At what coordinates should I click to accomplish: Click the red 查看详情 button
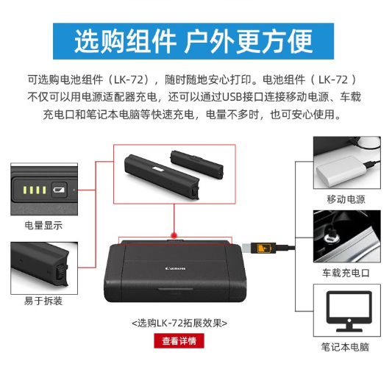click(179, 341)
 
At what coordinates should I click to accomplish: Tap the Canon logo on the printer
click(175, 268)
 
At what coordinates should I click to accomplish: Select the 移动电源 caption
click(346, 199)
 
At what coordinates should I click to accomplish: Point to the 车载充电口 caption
click(346, 273)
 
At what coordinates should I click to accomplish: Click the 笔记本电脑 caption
click(345, 347)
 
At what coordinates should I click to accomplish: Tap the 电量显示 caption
click(43, 226)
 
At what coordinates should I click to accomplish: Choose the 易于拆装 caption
click(43, 301)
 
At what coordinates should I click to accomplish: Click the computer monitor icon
click(349, 311)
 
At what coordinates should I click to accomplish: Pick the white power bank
click(341, 171)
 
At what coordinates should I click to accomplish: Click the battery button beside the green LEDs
click(59, 190)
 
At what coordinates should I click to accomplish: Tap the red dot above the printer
click(174, 235)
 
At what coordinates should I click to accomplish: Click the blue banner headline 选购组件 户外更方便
click(193, 41)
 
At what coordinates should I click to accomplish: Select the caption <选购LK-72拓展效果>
click(179, 323)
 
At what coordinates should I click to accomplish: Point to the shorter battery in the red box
click(197, 165)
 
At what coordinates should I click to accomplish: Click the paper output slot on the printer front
click(175, 290)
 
